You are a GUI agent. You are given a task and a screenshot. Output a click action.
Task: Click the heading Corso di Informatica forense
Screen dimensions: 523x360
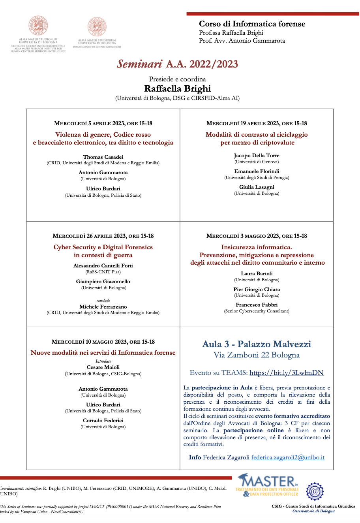pos(252,24)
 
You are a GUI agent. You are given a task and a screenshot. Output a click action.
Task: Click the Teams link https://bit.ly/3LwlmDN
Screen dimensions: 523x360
pos(286,372)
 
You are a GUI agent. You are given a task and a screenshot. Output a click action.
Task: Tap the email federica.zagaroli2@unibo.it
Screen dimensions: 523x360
pos(288,457)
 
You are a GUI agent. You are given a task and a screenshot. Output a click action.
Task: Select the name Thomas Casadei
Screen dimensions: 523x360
pos(103,157)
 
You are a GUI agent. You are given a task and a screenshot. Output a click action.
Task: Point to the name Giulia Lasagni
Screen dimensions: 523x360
pos(257,187)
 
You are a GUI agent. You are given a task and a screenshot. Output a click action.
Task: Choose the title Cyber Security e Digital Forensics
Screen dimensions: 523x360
pos(103,247)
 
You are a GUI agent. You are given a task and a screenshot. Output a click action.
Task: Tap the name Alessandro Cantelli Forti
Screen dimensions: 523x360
pos(103,265)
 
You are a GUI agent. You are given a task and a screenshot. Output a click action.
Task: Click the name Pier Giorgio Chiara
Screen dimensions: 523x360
pos(257,289)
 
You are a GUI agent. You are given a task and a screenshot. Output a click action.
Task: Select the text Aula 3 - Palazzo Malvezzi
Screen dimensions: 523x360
pos(257,344)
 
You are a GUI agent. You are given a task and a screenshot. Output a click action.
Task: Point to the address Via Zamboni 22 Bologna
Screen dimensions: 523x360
pos(257,355)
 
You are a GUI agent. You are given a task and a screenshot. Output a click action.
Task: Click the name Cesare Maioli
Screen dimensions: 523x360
pos(103,367)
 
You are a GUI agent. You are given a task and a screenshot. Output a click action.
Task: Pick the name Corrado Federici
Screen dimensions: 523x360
pos(103,420)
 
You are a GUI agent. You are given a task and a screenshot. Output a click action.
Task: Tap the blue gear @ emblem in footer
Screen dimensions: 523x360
pos(315,491)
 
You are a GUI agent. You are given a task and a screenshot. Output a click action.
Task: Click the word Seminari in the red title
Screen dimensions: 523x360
pos(139,64)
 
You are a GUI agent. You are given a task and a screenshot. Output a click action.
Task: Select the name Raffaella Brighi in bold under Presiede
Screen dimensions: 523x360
pos(177,88)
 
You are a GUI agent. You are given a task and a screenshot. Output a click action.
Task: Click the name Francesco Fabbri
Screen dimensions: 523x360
pos(257,305)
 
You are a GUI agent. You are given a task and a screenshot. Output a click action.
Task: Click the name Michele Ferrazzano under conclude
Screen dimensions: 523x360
pos(103,307)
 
